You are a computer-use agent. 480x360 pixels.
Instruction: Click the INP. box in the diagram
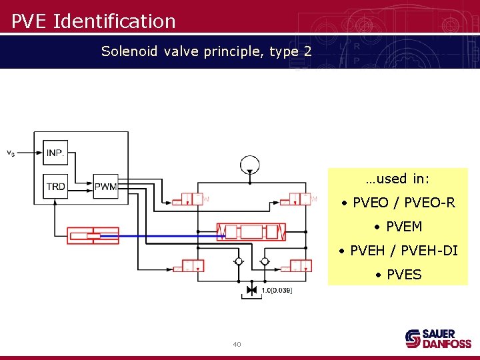[x=55, y=153]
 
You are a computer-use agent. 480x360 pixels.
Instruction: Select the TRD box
[x=55, y=186]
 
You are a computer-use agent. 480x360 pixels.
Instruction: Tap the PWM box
[x=105, y=186]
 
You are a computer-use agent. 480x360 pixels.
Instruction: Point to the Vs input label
[x=11, y=153]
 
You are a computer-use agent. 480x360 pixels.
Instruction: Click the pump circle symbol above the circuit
[x=250, y=163]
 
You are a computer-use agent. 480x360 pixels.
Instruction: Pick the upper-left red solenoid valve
[x=188, y=199]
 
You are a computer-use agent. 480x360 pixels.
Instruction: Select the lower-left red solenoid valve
[x=188, y=266]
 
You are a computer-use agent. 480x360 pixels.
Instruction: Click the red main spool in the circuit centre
[x=251, y=232]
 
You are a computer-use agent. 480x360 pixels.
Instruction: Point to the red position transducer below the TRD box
[x=93, y=235]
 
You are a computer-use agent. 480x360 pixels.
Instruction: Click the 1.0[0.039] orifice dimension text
[x=276, y=290]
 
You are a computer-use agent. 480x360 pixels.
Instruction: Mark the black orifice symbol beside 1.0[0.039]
[x=251, y=290]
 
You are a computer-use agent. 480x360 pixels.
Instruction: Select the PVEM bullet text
[x=398, y=227]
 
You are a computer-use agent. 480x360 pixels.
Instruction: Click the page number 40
[x=237, y=344]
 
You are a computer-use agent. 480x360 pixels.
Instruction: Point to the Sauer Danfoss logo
[x=438, y=338]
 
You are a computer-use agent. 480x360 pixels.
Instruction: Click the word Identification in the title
[x=114, y=21]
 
